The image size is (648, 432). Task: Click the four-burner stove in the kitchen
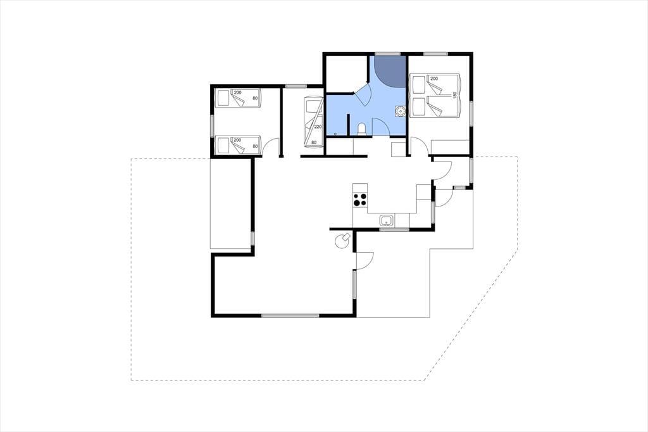(x=360, y=200)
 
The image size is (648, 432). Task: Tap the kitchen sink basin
(x=387, y=220)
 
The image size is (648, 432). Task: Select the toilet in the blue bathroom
(x=361, y=129)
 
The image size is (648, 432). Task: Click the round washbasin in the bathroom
(x=400, y=111)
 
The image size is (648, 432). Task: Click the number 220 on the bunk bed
(x=318, y=127)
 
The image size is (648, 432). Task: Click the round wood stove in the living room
(x=342, y=241)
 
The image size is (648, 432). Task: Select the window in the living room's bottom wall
(x=290, y=315)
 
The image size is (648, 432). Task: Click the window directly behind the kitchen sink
(x=394, y=229)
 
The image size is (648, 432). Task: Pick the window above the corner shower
(x=388, y=54)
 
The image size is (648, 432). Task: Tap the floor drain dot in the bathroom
(x=335, y=134)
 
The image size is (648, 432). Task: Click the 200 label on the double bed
(x=434, y=79)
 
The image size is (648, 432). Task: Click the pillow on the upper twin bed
(x=224, y=98)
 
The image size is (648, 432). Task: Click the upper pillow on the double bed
(x=418, y=84)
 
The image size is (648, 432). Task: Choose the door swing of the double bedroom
(x=420, y=148)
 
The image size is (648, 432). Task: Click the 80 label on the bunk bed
(x=314, y=143)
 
